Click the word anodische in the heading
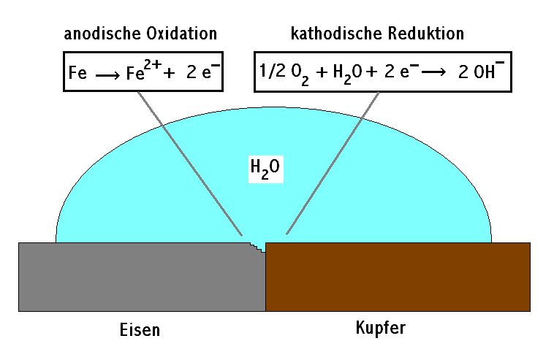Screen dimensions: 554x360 click(102, 34)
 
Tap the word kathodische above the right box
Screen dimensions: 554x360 click(336, 34)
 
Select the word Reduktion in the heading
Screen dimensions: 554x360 click(426, 34)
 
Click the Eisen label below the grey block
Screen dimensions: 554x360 click(140, 330)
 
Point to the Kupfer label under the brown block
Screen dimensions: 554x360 click(381, 329)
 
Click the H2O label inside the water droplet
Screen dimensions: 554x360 click(265, 169)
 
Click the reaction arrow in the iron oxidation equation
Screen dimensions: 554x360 click(107, 75)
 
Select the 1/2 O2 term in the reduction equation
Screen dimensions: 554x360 click(284, 74)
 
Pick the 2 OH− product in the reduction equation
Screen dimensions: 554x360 click(481, 70)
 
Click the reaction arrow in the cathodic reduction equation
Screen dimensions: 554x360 click(433, 72)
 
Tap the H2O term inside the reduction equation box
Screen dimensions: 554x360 click(347, 74)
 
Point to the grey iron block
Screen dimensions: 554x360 click(142, 277)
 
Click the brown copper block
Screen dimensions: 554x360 click(398, 277)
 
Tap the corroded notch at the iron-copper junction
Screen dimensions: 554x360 click(258, 247)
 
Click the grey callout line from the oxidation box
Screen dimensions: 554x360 click(190, 164)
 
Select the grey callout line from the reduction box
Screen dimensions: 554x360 click(333, 163)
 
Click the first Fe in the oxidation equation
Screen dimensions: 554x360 click(77, 73)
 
